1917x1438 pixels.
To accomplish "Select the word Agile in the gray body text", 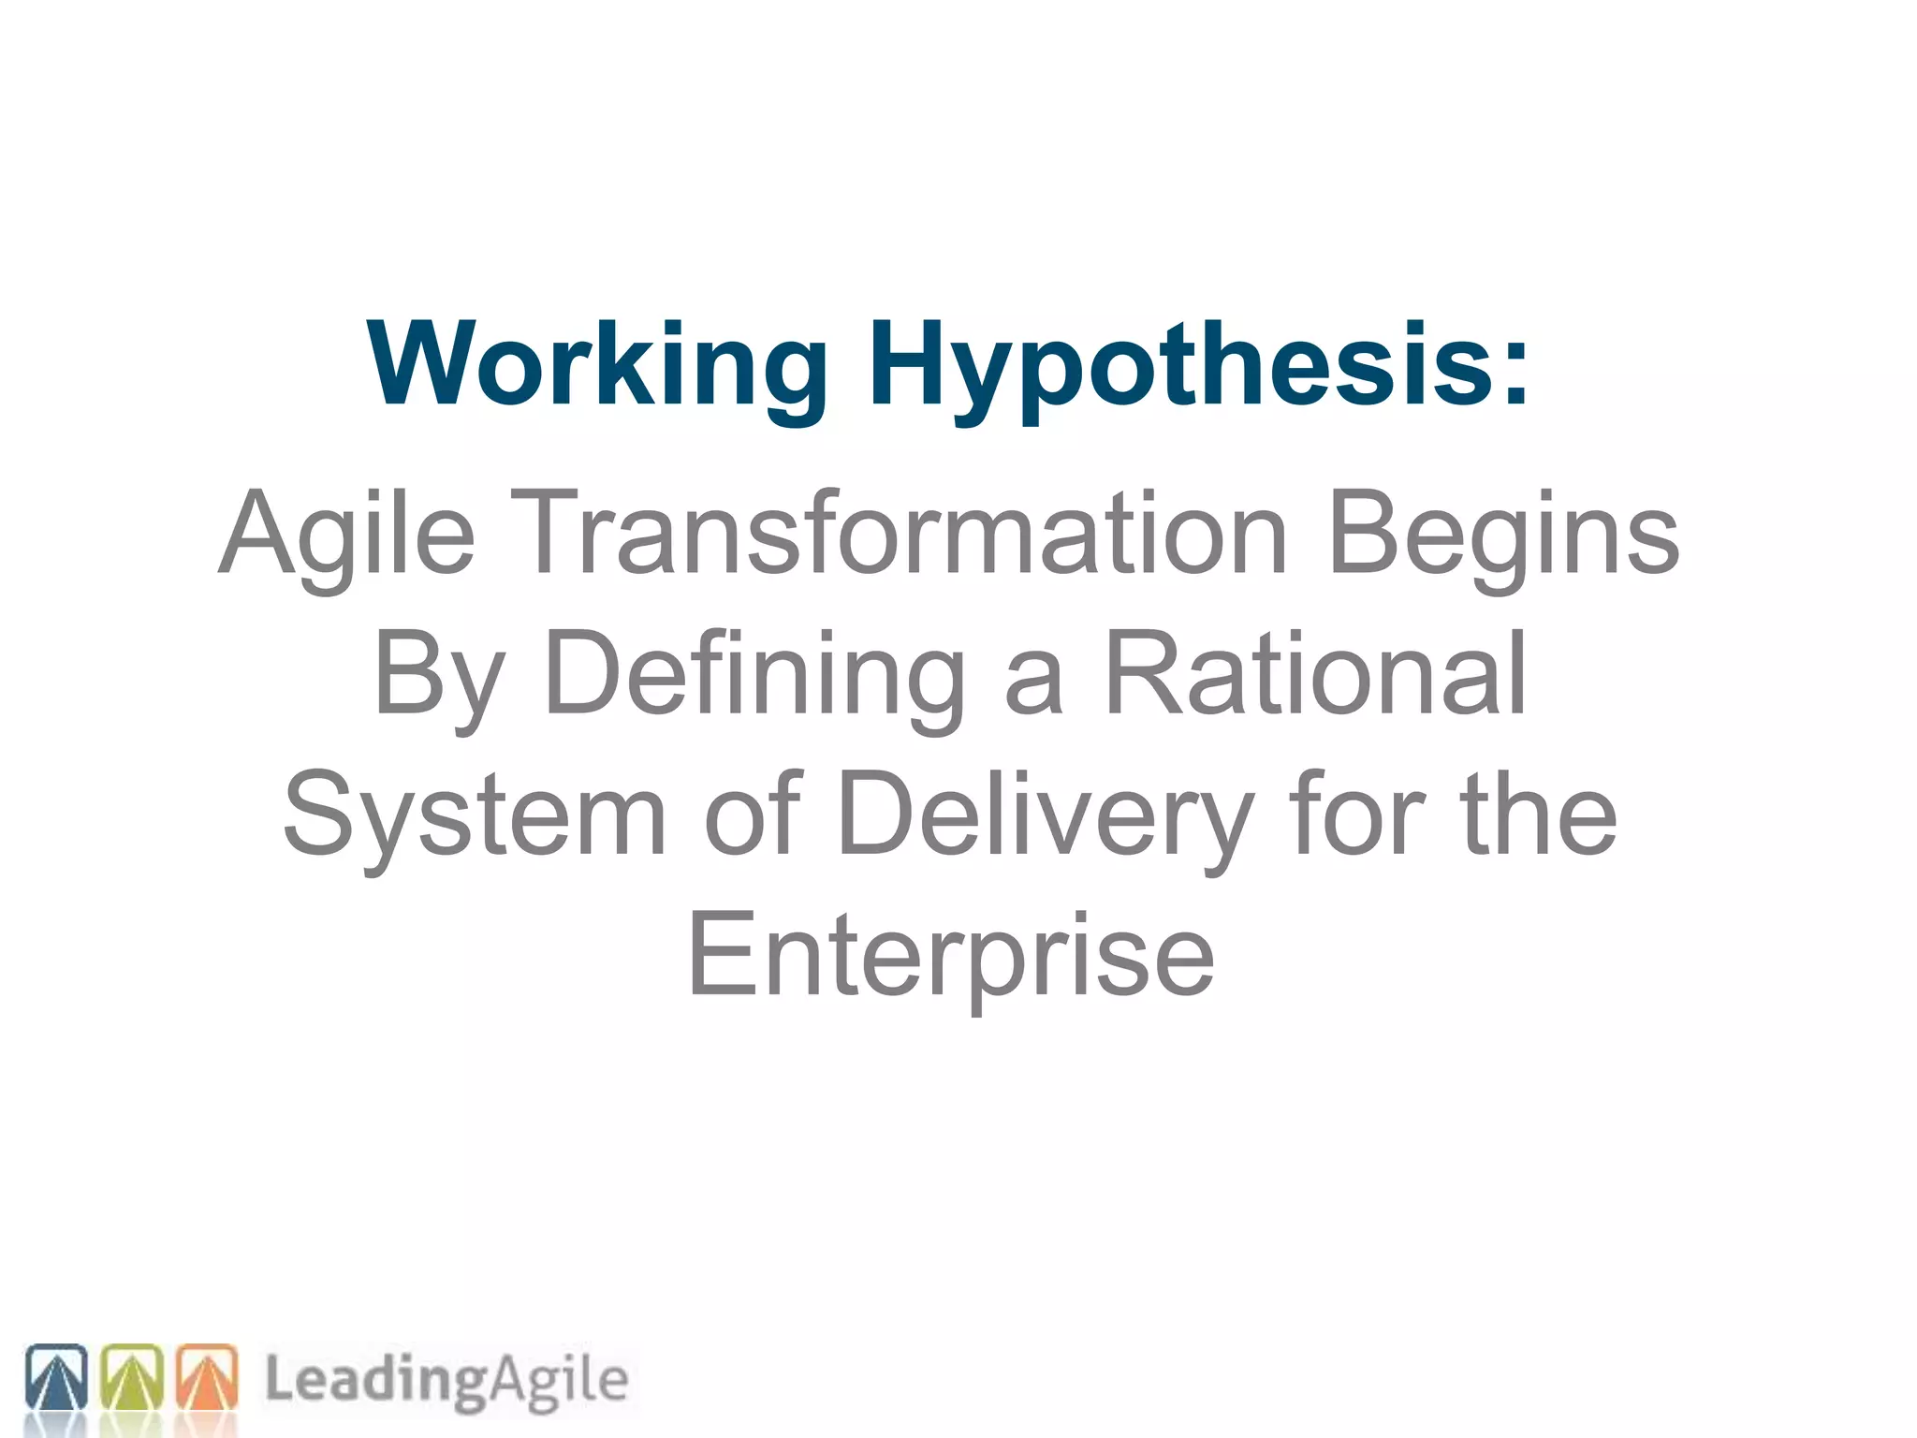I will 347,536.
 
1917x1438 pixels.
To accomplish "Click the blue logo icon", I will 56,1377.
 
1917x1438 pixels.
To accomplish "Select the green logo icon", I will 131,1377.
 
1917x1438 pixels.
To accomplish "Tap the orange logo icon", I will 207,1377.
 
